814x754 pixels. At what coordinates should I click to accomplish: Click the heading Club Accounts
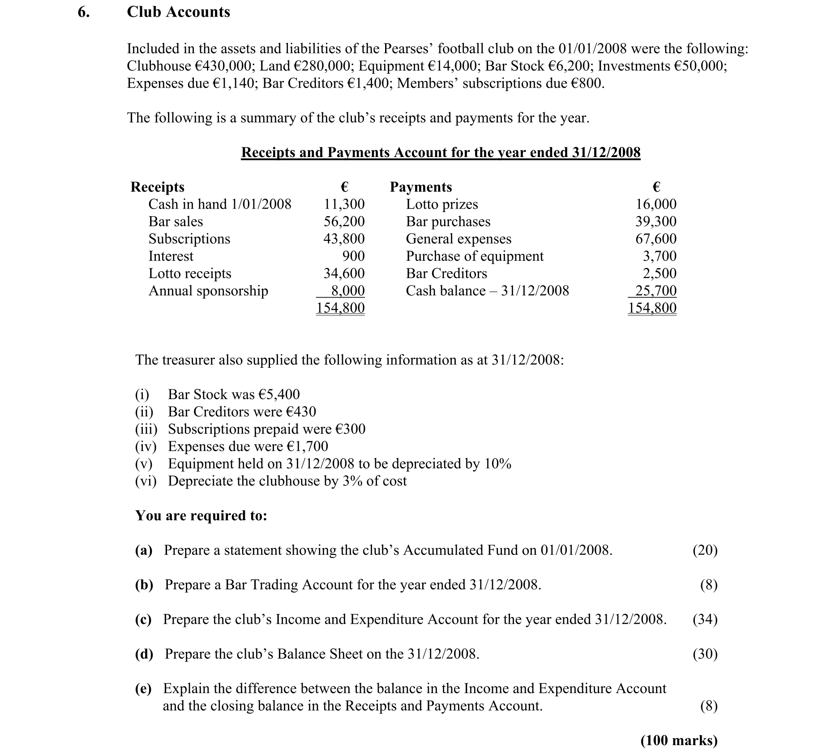click(x=178, y=12)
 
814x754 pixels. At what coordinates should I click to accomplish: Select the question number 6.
click(x=83, y=12)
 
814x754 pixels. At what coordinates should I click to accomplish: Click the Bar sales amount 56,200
click(x=344, y=222)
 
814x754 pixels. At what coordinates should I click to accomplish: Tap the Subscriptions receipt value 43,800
click(x=344, y=239)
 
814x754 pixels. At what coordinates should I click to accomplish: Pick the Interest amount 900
click(x=353, y=256)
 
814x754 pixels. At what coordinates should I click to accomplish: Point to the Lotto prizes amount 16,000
click(x=656, y=204)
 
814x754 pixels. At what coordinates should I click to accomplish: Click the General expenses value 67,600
click(x=656, y=239)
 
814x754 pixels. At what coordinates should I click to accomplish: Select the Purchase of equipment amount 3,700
click(x=660, y=256)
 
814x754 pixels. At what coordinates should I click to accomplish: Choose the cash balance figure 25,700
click(x=656, y=291)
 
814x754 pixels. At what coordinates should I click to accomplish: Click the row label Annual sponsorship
click(x=208, y=291)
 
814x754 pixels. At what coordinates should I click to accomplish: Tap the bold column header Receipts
click(x=157, y=187)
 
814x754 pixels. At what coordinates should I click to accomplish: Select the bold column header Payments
click(x=421, y=187)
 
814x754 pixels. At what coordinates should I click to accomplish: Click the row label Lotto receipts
click(x=190, y=273)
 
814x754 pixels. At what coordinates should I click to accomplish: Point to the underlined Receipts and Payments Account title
click(x=441, y=153)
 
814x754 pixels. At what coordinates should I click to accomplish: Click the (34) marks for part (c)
click(x=705, y=619)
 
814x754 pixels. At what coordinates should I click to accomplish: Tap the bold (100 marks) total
click(x=679, y=741)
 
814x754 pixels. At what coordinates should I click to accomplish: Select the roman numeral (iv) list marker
click(x=146, y=446)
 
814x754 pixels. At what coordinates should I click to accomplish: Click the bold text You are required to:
click(x=201, y=515)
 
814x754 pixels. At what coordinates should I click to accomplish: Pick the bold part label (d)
click(x=144, y=654)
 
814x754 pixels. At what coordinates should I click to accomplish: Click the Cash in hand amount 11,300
click(x=344, y=204)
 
